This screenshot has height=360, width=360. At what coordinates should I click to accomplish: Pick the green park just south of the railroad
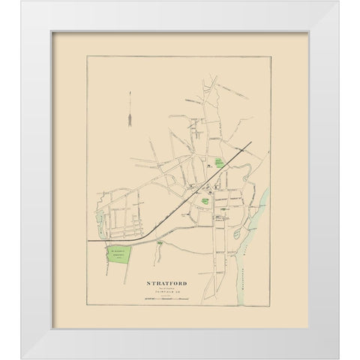[x=204, y=201]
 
